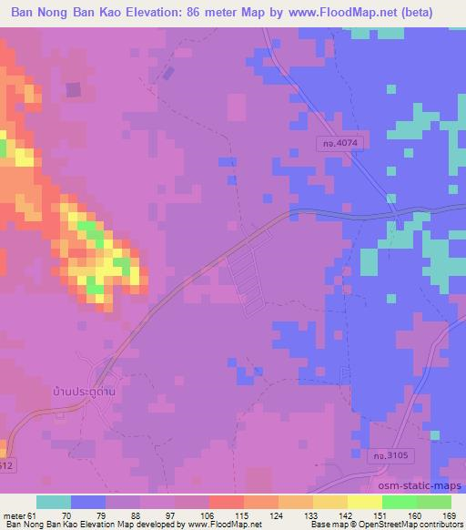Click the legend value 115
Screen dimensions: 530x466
tap(216, 516)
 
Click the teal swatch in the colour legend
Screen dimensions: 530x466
tap(53, 502)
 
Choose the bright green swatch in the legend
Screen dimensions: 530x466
tap(399, 502)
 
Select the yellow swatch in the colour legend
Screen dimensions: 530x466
tap(364, 502)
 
